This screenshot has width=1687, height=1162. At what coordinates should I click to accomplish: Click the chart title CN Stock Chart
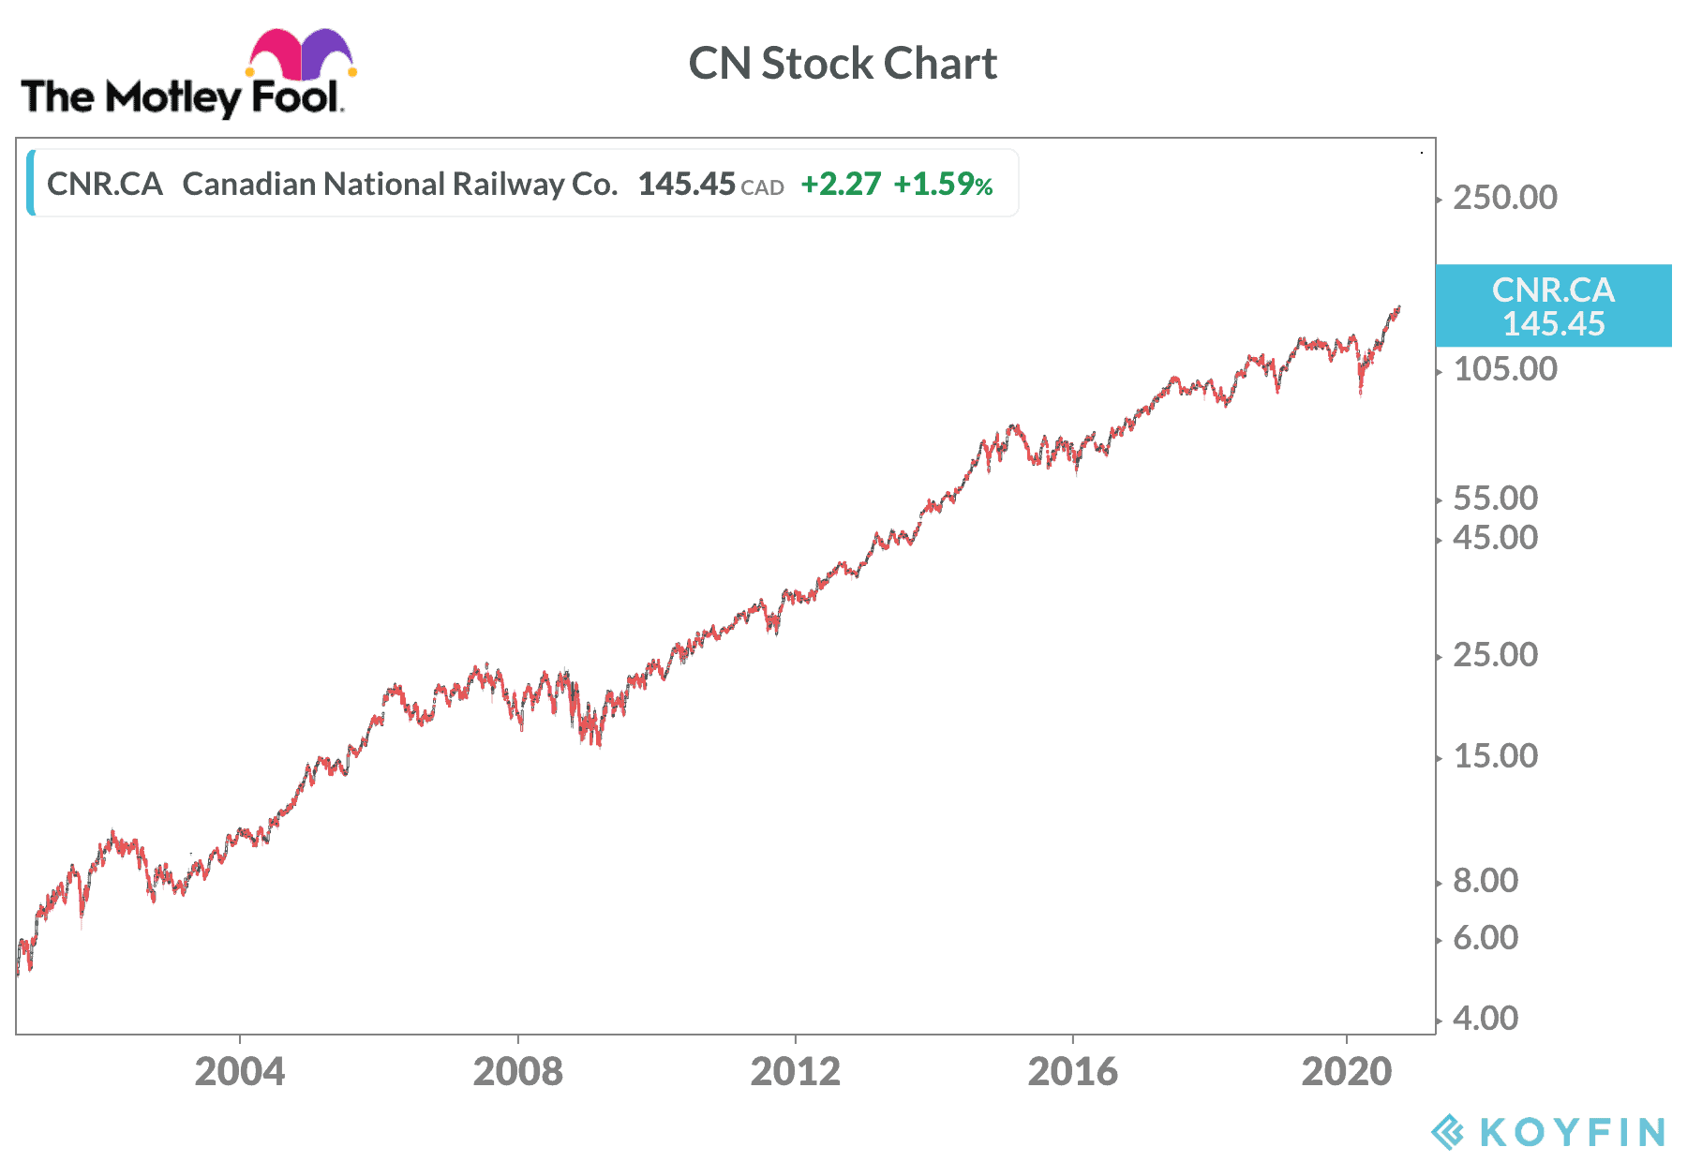click(843, 64)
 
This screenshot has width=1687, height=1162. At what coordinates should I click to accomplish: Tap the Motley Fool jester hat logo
click(300, 53)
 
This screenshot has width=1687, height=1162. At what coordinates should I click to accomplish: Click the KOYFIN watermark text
click(1572, 1132)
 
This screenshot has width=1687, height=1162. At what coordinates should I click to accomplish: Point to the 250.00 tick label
click(1504, 198)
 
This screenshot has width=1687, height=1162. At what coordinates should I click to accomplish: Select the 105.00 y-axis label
click(1504, 369)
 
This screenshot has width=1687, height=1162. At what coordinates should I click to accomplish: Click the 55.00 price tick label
click(1495, 499)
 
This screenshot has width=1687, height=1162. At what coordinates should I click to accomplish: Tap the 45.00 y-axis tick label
click(1495, 538)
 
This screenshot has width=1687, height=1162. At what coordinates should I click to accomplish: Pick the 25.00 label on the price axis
click(1495, 655)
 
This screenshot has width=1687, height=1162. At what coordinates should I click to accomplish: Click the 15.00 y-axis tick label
click(1495, 756)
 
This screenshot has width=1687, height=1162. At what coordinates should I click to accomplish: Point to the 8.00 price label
click(1485, 881)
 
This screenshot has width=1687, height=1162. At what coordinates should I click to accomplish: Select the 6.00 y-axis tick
click(1485, 938)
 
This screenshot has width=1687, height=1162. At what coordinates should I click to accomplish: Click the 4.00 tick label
click(1485, 1019)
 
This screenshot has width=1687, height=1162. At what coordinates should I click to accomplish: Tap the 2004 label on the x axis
click(239, 1071)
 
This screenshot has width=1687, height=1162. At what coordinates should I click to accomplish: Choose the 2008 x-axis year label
click(517, 1071)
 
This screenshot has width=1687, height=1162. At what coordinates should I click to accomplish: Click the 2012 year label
click(795, 1071)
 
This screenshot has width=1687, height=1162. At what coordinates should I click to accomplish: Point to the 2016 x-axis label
click(1072, 1071)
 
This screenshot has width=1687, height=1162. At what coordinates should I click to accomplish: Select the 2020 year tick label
click(1347, 1071)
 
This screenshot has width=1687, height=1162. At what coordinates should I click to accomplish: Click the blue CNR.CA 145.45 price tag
click(1553, 305)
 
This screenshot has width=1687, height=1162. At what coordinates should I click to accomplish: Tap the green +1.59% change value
click(942, 185)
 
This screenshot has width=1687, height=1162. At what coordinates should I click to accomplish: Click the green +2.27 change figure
click(841, 185)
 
